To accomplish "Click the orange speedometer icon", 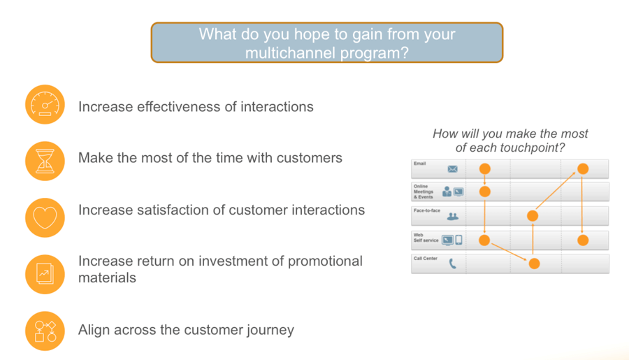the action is click(45, 104).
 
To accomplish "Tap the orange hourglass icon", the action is click(45, 161).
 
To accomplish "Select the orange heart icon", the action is click(45, 217).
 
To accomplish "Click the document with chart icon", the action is click(45, 275).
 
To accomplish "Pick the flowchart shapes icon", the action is click(45, 331).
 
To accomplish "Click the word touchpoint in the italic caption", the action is click(530, 147).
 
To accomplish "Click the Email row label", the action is click(419, 164).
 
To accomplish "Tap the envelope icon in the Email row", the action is click(452, 169).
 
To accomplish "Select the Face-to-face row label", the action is click(427, 210).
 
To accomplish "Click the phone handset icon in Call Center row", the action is click(452, 264).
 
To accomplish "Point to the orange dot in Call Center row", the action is click(534, 264).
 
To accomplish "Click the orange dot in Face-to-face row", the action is click(533, 216).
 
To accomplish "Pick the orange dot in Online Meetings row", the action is click(485, 192).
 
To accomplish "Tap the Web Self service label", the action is click(426, 238).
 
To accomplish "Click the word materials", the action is click(107, 278).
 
